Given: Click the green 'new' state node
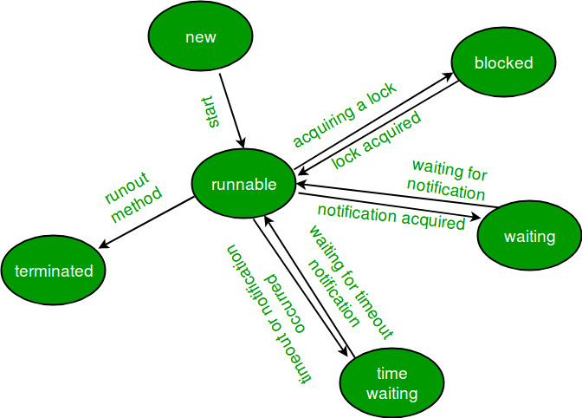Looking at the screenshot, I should click(200, 38).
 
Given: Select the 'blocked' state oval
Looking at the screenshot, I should click(502, 63).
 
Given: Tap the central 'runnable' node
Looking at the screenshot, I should click(244, 184).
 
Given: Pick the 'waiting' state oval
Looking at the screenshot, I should click(528, 236).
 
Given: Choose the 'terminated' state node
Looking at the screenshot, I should click(53, 271).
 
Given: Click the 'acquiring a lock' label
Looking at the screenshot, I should click(344, 114).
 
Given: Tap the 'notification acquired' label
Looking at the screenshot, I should click(391, 217).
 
